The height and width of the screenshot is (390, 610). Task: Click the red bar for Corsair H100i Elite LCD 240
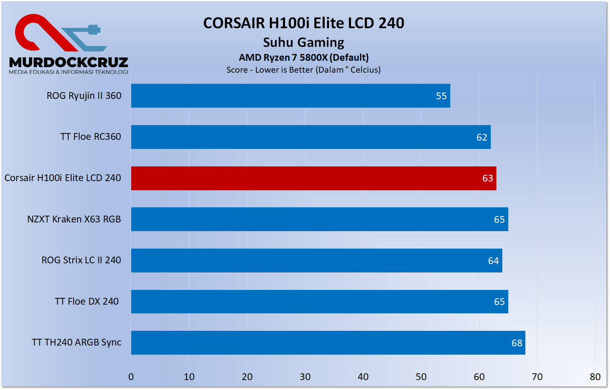(x=313, y=178)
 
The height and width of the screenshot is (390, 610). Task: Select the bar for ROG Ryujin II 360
(x=290, y=96)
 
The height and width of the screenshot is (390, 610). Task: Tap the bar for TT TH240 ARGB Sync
(x=328, y=343)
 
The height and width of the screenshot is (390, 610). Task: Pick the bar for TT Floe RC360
(x=310, y=137)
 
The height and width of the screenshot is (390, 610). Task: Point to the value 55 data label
(x=441, y=96)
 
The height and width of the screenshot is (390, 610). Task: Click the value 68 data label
(x=517, y=343)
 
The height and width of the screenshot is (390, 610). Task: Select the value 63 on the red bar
(x=488, y=178)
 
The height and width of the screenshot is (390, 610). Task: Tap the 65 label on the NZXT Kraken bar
(x=499, y=220)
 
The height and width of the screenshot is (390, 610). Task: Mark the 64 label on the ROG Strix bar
(x=493, y=261)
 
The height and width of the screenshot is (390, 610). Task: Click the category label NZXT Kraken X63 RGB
(x=74, y=219)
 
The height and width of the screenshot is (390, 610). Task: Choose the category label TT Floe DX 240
(x=87, y=301)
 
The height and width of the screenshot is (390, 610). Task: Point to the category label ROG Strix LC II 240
(x=81, y=260)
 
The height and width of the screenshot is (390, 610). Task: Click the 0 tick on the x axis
(x=131, y=377)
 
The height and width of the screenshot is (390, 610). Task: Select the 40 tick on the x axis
(x=363, y=377)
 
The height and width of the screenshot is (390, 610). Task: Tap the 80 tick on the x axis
(x=595, y=377)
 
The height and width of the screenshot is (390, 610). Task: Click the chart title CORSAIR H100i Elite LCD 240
(x=304, y=23)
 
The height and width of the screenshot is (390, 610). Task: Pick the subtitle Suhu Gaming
(x=304, y=42)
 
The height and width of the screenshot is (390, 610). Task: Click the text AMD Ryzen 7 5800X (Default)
(x=304, y=58)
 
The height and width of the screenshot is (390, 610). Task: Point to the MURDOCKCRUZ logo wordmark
(x=68, y=62)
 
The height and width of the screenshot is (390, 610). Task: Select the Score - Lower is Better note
(x=304, y=70)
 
